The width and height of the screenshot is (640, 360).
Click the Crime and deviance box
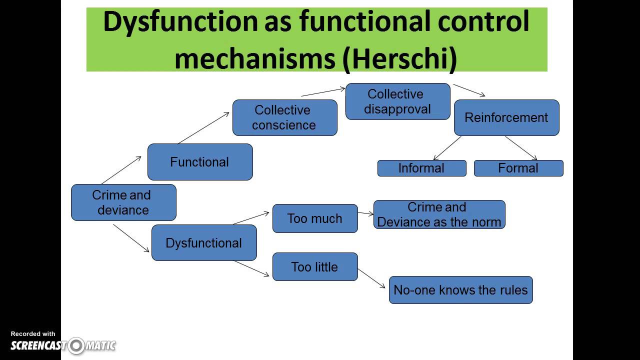click(123, 202)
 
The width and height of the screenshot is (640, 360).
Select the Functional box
click(200, 162)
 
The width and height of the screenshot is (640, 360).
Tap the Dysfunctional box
click(204, 243)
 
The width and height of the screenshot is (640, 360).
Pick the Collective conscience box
click(284, 117)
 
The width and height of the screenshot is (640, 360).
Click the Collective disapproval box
click(397, 101)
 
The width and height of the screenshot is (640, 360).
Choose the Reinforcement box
click(506, 117)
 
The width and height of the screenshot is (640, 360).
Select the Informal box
click(421, 168)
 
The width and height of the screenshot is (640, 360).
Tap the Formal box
click(518, 168)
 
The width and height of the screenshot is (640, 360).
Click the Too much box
click(315, 218)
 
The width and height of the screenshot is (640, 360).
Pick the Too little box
click(315, 267)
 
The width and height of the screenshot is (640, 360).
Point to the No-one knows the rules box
click(460, 290)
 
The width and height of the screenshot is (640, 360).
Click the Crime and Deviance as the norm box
click(439, 214)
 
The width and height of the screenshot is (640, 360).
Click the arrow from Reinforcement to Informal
click(447, 148)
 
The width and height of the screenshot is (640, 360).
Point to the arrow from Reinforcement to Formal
click(521, 148)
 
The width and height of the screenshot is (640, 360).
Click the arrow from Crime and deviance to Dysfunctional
click(131, 238)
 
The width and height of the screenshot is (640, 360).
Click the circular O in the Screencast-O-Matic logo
click(76, 345)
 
